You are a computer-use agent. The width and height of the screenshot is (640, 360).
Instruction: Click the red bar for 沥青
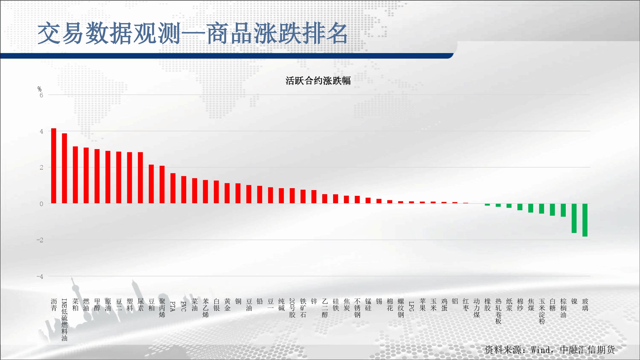click(x=54, y=166)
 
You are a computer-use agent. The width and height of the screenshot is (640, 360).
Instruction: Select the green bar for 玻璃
click(x=585, y=220)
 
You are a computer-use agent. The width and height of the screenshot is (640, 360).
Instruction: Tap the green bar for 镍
click(x=574, y=218)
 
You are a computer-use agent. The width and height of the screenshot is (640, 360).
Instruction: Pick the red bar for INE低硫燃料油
click(x=65, y=168)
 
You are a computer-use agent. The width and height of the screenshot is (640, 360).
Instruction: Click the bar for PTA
click(x=173, y=188)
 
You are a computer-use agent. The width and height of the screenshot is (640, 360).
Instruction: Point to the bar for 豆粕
click(x=151, y=184)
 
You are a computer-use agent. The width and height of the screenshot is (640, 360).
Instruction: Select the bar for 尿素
click(x=140, y=178)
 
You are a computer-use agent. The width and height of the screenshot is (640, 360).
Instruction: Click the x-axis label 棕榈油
click(x=563, y=308)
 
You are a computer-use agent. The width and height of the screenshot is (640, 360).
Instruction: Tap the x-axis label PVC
click(x=184, y=306)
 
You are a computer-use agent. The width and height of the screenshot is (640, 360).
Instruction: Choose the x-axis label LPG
click(x=412, y=306)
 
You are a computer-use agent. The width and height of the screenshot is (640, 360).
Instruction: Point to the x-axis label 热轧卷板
click(x=498, y=311)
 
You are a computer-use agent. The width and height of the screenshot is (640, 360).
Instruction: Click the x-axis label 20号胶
click(x=292, y=308)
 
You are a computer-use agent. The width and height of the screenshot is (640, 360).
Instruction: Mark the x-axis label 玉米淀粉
click(x=542, y=311)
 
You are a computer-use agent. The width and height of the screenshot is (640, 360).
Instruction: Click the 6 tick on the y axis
click(x=41, y=95)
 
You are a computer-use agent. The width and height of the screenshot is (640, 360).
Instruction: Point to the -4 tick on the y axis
click(x=40, y=276)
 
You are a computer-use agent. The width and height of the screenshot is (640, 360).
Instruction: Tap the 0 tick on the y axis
click(x=41, y=204)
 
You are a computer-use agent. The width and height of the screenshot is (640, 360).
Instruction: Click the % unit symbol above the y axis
click(x=39, y=89)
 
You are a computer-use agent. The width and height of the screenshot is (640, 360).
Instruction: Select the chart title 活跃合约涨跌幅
click(x=318, y=81)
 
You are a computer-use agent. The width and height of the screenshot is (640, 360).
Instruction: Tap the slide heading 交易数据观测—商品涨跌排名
click(x=193, y=33)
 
